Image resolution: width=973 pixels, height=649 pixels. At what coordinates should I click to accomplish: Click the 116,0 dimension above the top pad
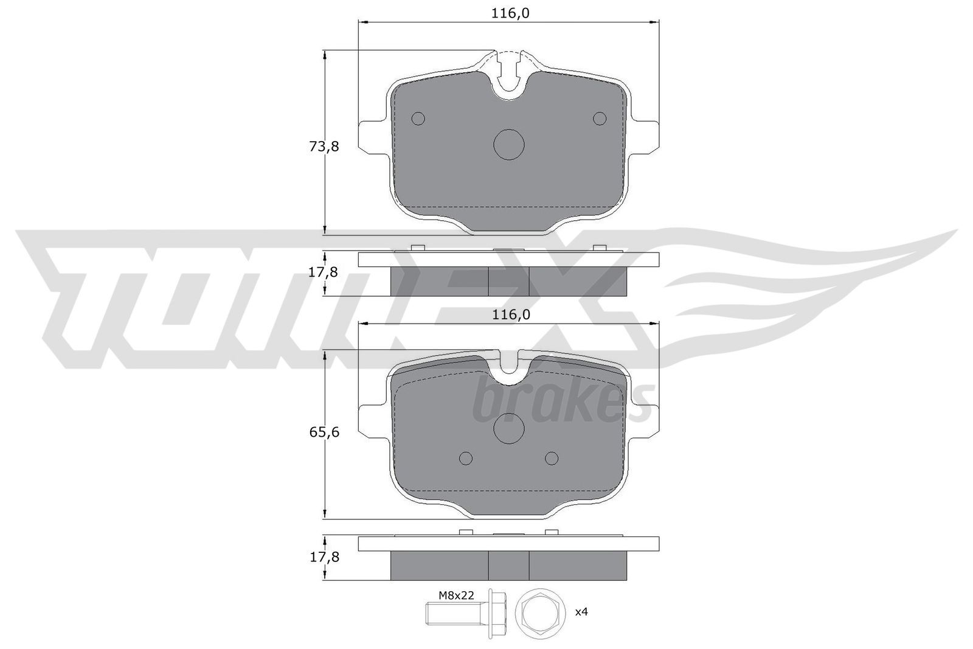pos(510,14)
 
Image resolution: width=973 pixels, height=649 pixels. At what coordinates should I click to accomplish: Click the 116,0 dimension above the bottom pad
pos(511,314)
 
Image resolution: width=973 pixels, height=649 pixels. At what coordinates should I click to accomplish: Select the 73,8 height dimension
pos(324,147)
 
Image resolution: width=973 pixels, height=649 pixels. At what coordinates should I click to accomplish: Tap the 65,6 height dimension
pos(324,432)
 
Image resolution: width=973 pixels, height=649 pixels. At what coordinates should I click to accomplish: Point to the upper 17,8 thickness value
pos(323,272)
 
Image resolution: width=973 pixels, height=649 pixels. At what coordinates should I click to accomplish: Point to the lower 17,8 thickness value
pos(324,557)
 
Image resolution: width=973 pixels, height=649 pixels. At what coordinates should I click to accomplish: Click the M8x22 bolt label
pos(455,595)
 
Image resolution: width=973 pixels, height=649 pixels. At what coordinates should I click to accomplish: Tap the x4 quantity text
pos(581,612)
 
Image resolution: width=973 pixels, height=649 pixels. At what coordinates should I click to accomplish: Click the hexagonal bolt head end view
pos(540,613)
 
